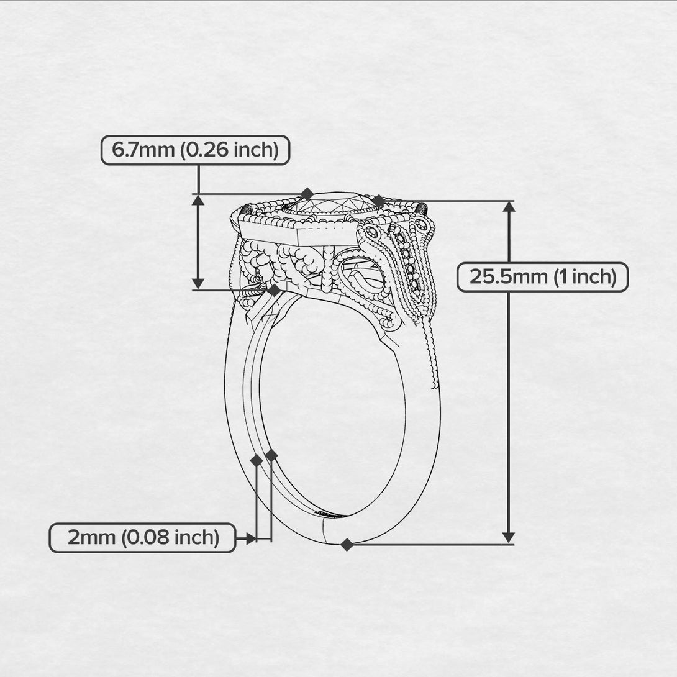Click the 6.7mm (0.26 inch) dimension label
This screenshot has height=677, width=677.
(195, 150)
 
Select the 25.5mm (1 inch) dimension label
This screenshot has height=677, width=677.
(542, 277)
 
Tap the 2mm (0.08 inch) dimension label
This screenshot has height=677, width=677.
(142, 537)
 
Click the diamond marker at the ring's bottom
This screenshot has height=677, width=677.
(347, 545)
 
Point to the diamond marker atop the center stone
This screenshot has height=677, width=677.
(307, 194)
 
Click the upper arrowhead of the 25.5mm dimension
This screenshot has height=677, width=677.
(509, 207)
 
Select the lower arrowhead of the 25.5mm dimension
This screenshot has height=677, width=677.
(509, 537)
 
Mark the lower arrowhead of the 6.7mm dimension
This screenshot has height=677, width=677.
(198, 283)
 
